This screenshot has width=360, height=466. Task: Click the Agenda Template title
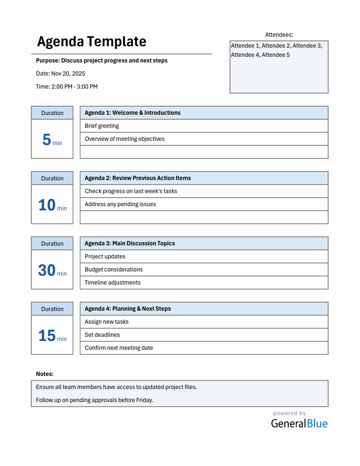tap(91, 42)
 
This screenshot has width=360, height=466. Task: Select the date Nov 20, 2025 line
tap(61, 73)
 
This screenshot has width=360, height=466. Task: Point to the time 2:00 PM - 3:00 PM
tap(67, 86)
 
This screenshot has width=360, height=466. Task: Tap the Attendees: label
tap(279, 35)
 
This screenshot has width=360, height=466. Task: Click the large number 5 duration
tap(47, 140)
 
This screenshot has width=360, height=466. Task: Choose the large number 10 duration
tap(47, 205)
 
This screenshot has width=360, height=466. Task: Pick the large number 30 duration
tap(47, 270)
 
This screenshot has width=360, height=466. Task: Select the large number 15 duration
tap(47, 336)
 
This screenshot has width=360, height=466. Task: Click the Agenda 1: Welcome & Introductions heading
tap(132, 113)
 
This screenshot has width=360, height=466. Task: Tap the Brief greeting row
tap(102, 126)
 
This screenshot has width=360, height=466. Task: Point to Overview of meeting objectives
tap(125, 139)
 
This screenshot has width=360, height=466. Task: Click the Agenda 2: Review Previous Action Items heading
tap(138, 178)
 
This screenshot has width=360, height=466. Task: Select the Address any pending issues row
tap(120, 204)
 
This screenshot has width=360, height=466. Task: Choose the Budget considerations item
tap(114, 269)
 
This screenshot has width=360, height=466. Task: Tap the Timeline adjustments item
tap(113, 282)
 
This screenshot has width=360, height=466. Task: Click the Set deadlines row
tap(102, 335)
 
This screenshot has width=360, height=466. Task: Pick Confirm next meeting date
tap(119, 348)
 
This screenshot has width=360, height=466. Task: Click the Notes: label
tap(45, 374)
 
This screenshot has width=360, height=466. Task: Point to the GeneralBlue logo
tap(299, 423)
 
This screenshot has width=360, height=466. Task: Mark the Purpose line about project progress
tap(102, 60)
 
